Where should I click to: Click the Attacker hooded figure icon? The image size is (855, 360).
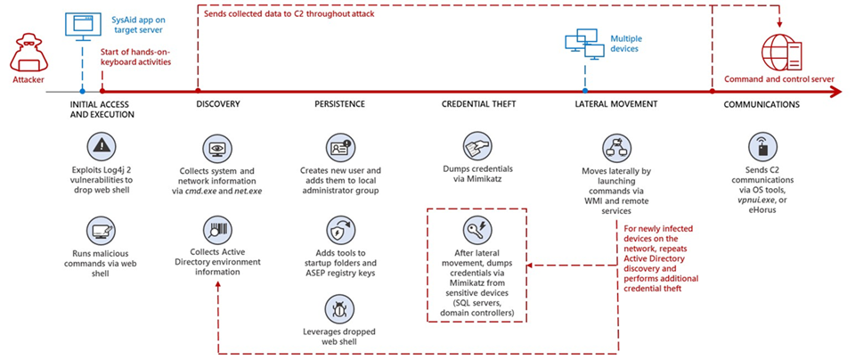(27, 56)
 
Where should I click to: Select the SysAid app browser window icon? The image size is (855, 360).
(82, 24)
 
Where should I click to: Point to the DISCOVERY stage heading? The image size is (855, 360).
(217, 104)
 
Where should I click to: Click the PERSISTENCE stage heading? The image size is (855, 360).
(339, 104)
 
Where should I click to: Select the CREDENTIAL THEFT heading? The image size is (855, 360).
(478, 104)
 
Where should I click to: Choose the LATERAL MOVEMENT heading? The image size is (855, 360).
(616, 104)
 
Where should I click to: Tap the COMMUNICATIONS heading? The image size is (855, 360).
(761, 104)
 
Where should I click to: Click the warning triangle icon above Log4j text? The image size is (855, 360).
(102, 145)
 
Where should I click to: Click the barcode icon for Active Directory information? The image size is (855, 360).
(217, 231)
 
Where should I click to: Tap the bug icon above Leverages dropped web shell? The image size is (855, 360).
(340, 310)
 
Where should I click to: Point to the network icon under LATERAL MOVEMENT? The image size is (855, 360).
(616, 147)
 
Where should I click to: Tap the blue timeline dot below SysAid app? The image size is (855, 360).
(82, 90)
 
